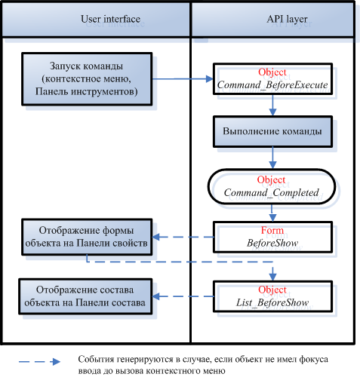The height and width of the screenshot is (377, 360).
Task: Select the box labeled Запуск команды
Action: [x=87, y=78]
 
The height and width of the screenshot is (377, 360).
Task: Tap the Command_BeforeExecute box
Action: [x=272, y=78]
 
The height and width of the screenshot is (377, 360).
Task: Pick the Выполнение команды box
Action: [x=272, y=131]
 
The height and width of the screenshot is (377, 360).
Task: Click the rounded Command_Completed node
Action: [x=272, y=186]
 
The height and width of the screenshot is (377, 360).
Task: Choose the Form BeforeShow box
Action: [x=272, y=237]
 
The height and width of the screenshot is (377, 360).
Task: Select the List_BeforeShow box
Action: [x=272, y=296]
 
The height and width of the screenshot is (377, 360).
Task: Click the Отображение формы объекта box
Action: [x=87, y=237]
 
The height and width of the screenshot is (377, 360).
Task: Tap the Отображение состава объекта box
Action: [x=85, y=296]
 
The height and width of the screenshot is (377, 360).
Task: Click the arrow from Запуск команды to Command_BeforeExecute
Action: [x=183, y=79]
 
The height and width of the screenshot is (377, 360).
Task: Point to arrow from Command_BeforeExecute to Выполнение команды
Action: [x=272, y=105]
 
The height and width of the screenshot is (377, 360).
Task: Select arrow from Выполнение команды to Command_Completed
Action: [x=272, y=158]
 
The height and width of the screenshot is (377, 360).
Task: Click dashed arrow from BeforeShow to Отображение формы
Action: [x=183, y=237]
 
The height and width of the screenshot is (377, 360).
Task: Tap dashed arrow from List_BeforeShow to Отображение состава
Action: [x=183, y=296]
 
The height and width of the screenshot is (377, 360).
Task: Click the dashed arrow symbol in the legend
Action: [x=39, y=362]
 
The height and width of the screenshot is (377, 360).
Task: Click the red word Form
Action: [x=272, y=230]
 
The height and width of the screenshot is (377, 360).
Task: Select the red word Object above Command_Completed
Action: [x=271, y=180]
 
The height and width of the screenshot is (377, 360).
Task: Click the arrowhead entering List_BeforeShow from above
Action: [x=272, y=277]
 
